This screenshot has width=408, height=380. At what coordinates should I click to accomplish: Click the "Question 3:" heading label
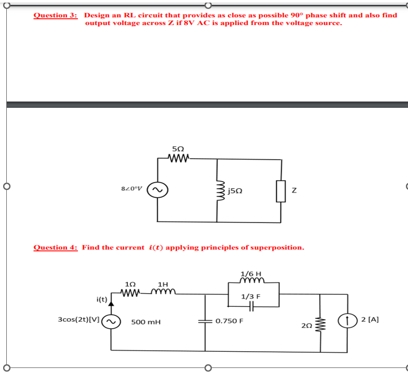(55, 15)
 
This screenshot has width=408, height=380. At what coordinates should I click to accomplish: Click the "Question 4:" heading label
(55, 247)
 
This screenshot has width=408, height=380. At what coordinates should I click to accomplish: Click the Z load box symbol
(281, 192)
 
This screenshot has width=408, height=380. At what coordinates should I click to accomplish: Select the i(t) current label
(101, 299)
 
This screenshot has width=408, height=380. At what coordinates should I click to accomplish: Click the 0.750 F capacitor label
(229, 320)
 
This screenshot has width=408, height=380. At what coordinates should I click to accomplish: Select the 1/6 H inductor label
(251, 273)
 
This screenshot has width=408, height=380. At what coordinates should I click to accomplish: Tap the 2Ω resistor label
(307, 326)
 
